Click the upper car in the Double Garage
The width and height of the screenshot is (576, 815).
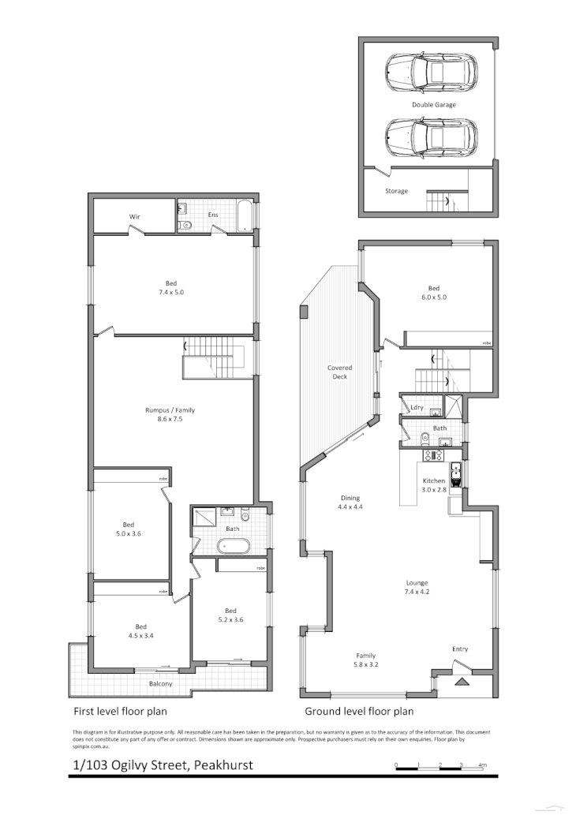click(x=432, y=74)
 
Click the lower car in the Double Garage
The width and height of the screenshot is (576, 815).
click(x=432, y=139)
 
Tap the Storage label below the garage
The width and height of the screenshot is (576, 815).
click(x=396, y=191)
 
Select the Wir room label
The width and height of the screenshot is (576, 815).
click(x=134, y=216)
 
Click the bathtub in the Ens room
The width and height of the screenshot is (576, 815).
click(x=245, y=216)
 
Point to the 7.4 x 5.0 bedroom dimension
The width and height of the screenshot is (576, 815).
click(x=171, y=293)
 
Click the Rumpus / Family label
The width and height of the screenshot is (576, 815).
click(x=170, y=410)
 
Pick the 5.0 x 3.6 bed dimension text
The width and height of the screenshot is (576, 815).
click(x=128, y=534)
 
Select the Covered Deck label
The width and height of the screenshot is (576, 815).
click(x=340, y=372)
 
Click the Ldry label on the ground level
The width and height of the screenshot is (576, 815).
click(x=417, y=407)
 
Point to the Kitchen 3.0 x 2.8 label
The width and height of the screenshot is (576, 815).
click(x=434, y=485)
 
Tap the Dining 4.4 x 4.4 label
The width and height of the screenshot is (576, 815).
click(x=350, y=503)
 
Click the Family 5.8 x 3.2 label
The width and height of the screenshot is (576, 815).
click(x=365, y=660)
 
